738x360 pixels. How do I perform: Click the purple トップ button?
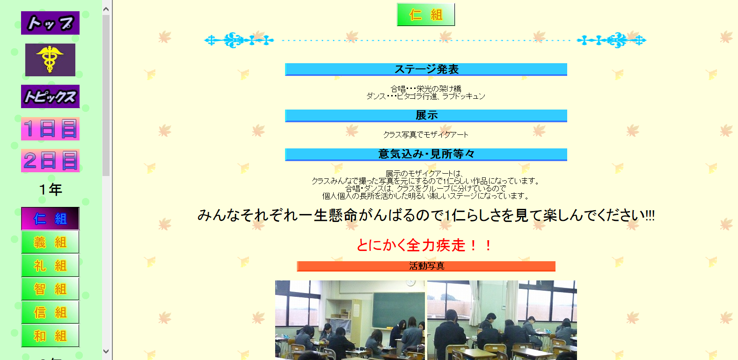50,23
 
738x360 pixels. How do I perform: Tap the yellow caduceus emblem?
50,59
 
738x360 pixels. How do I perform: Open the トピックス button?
50,96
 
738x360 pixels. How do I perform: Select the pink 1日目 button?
50,129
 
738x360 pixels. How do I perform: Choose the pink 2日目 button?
50,161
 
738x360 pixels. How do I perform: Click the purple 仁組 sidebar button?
50,218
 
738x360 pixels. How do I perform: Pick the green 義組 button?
50,242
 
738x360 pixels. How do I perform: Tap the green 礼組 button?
50,265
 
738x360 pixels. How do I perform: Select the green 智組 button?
50,289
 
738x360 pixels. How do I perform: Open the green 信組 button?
50,312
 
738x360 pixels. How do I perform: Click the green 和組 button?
50,336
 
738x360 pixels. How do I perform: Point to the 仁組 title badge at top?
426,15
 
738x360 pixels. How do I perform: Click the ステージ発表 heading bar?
426,69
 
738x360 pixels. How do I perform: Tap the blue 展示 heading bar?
426,115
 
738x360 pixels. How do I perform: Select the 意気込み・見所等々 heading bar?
426,154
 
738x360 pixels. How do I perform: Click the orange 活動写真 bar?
426,266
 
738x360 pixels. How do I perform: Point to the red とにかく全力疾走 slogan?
424,245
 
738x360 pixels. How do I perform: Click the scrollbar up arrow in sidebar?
106,9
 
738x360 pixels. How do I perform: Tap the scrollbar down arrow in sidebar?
106,352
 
